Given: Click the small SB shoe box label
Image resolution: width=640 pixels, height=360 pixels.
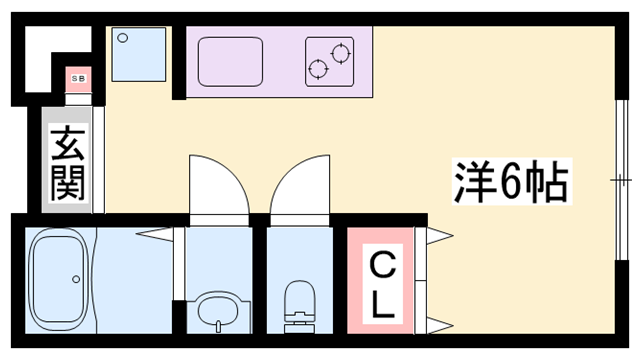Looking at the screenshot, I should click(x=75, y=77).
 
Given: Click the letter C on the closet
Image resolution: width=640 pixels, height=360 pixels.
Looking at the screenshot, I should click(x=381, y=265).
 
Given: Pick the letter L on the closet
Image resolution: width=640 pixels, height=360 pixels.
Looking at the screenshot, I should click(x=381, y=305).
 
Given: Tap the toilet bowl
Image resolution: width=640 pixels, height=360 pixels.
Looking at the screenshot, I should click(x=299, y=301).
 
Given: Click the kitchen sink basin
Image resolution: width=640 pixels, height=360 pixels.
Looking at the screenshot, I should click(x=232, y=63).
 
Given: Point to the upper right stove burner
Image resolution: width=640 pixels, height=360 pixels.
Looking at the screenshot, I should click(x=340, y=50).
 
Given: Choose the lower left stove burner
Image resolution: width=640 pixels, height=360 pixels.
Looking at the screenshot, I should click(x=319, y=68).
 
